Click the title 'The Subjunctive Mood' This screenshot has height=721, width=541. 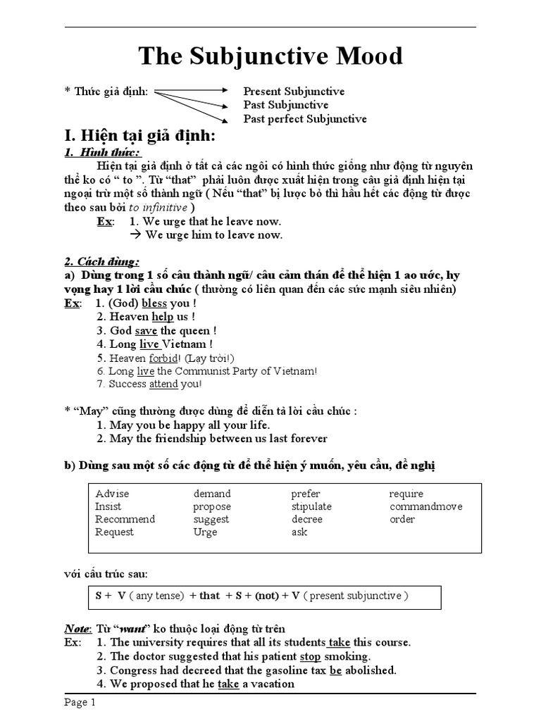(x=270, y=56)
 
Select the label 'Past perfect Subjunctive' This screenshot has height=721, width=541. (x=305, y=119)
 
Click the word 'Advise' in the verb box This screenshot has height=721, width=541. (x=112, y=494)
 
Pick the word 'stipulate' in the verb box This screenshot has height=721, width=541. (x=311, y=507)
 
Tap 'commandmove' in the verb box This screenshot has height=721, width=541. (x=425, y=507)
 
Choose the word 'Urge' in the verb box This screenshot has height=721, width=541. (x=206, y=532)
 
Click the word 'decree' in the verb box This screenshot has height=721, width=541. (x=306, y=520)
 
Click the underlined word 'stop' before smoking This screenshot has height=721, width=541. (x=310, y=656)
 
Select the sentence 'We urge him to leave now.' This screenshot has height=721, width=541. (x=213, y=235)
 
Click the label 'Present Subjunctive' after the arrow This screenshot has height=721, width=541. (x=294, y=92)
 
